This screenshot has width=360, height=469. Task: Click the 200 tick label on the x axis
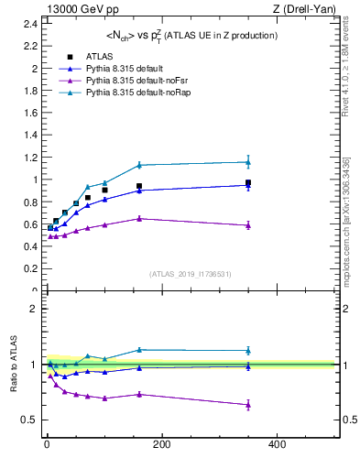161,444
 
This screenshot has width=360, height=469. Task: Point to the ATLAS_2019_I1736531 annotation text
191,274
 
